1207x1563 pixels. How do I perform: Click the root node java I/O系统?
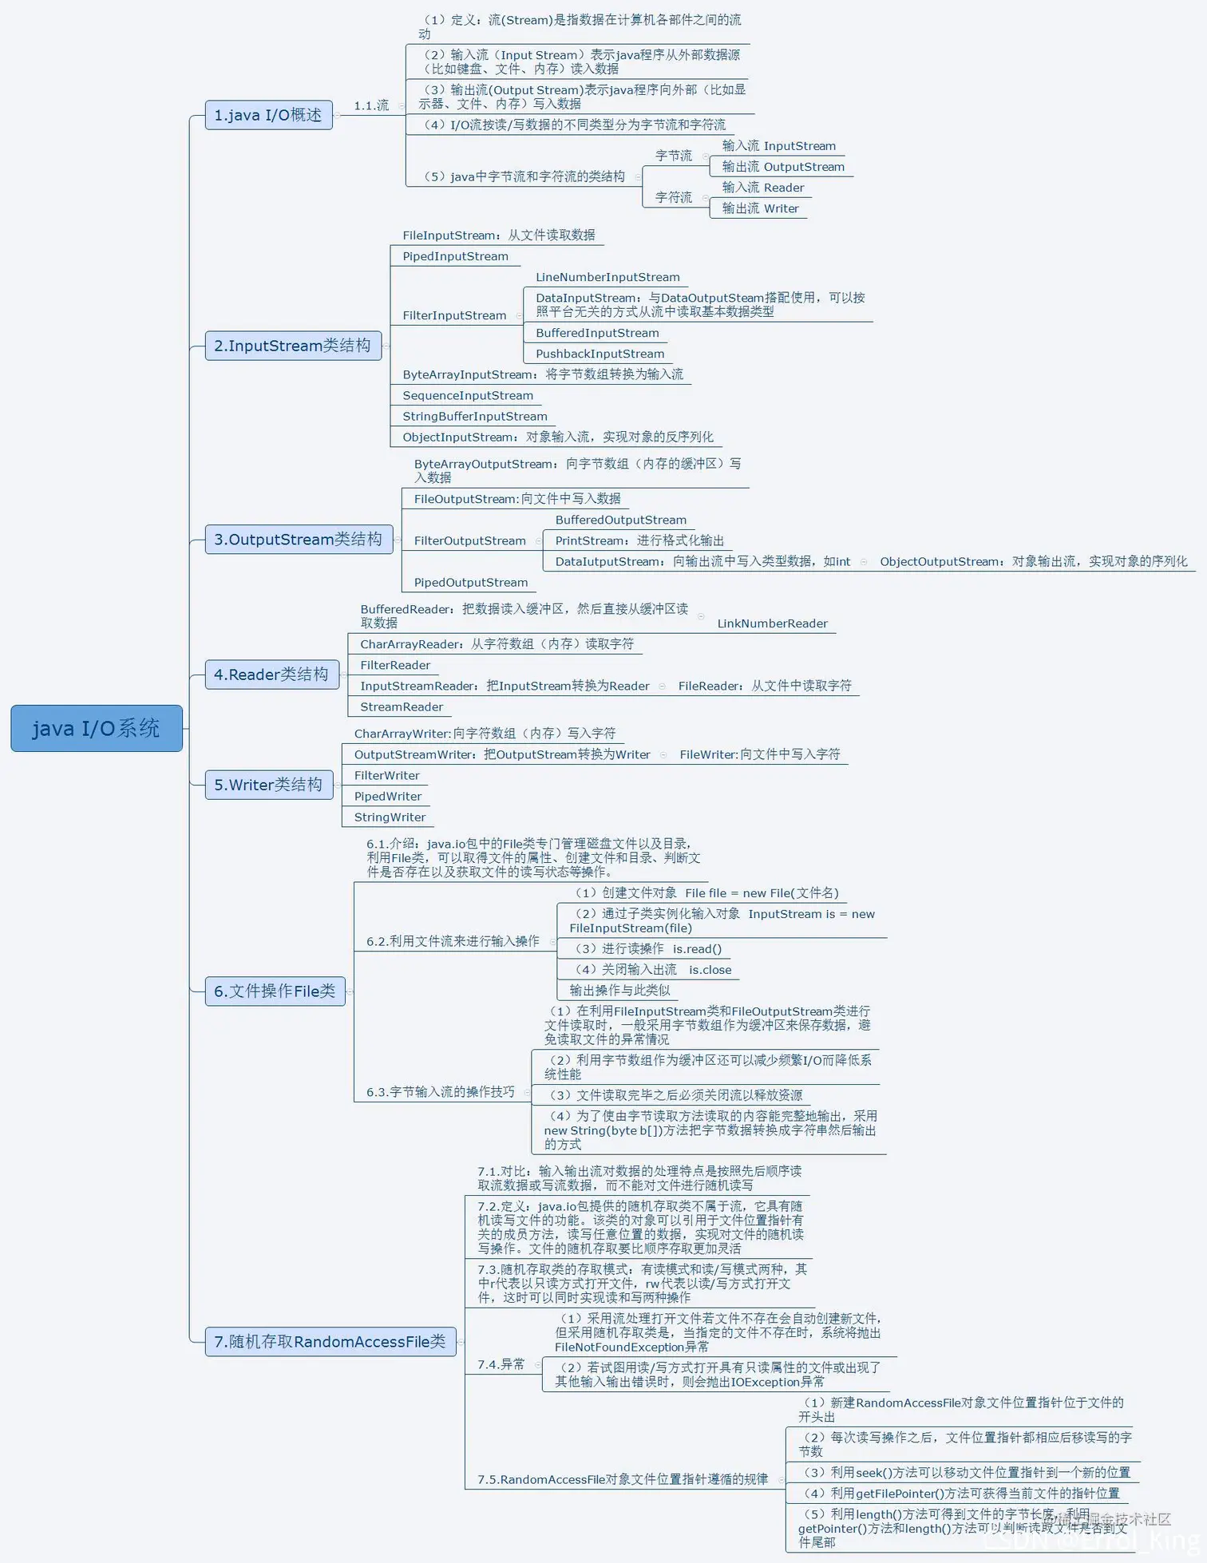click(96, 728)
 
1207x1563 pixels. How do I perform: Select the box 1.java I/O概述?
click(268, 115)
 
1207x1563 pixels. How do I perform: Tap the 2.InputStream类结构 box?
click(292, 346)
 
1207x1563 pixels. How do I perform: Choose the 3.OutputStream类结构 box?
click(298, 540)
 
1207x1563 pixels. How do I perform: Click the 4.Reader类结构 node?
click(271, 675)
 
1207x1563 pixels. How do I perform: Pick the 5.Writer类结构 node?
click(268, 785)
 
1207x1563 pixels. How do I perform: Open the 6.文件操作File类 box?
click(275, 991)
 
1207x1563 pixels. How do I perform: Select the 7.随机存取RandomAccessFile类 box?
click(330, 1341)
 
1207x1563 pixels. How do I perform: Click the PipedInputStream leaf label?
click(455, 256)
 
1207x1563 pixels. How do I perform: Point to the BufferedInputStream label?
click(597, 333)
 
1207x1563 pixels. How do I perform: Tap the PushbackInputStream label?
click(600, 354)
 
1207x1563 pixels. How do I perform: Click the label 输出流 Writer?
click(760, 208)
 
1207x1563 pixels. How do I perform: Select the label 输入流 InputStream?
click(778, 146)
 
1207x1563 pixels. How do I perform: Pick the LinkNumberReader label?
click(772, 623)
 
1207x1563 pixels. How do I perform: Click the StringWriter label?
click(390, 817)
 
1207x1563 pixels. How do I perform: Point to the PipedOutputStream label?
click(470, 582)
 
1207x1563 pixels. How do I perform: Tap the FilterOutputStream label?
click(469, 540)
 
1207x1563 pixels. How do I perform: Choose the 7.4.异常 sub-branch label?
click(501, 1364)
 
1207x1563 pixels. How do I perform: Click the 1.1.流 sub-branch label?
click(371, 105)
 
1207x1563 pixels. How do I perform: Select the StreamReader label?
click(401, 706)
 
